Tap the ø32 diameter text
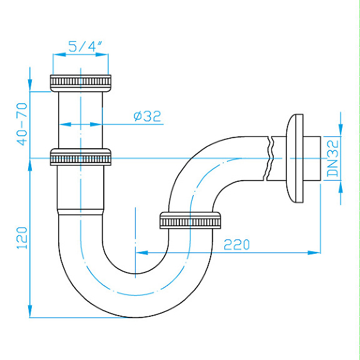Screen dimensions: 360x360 (147, 116)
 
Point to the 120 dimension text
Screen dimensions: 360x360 (22, 238)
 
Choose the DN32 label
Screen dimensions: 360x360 (332, 157)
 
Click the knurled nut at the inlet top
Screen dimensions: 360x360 (80, 81)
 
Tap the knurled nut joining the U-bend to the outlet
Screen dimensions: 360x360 (191, 221)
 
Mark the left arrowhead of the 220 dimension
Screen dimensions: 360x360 (139, 252)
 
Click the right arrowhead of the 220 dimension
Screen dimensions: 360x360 (317, 252)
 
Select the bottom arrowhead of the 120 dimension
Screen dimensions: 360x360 (29, 312)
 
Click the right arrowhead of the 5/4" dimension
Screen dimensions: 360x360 (106, 55)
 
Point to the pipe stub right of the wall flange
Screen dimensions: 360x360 (312, 157)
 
